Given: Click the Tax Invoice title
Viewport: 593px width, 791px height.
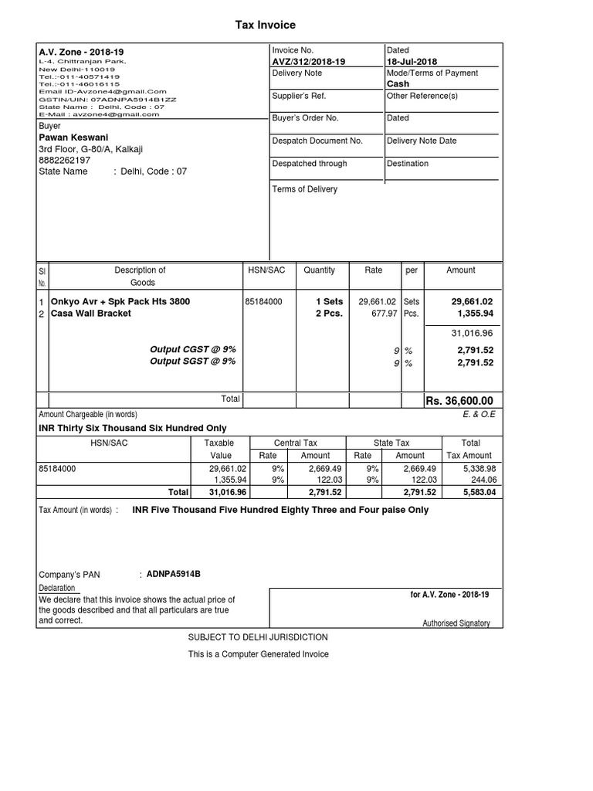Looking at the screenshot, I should point(265,25).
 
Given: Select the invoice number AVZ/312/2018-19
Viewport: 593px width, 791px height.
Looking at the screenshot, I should point(308,62).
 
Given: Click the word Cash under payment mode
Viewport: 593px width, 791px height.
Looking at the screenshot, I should point(398,83).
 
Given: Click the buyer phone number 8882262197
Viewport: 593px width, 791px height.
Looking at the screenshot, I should point(65,160).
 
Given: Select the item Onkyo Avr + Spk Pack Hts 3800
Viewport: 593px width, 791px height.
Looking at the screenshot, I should point(120,301).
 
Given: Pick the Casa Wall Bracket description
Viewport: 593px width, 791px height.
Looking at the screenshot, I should point(90,314).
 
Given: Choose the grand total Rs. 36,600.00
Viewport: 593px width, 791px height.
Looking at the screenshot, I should point(459,400).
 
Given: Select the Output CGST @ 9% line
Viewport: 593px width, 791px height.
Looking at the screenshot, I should point(192,349).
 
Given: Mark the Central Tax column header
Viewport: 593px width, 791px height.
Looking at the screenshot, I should point(296,443).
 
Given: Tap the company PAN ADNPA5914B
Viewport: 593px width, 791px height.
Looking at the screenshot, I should point(173,574).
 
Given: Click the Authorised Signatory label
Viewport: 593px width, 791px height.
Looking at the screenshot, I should point(456,623).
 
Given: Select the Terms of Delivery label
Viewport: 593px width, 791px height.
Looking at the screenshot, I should point(304,188).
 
